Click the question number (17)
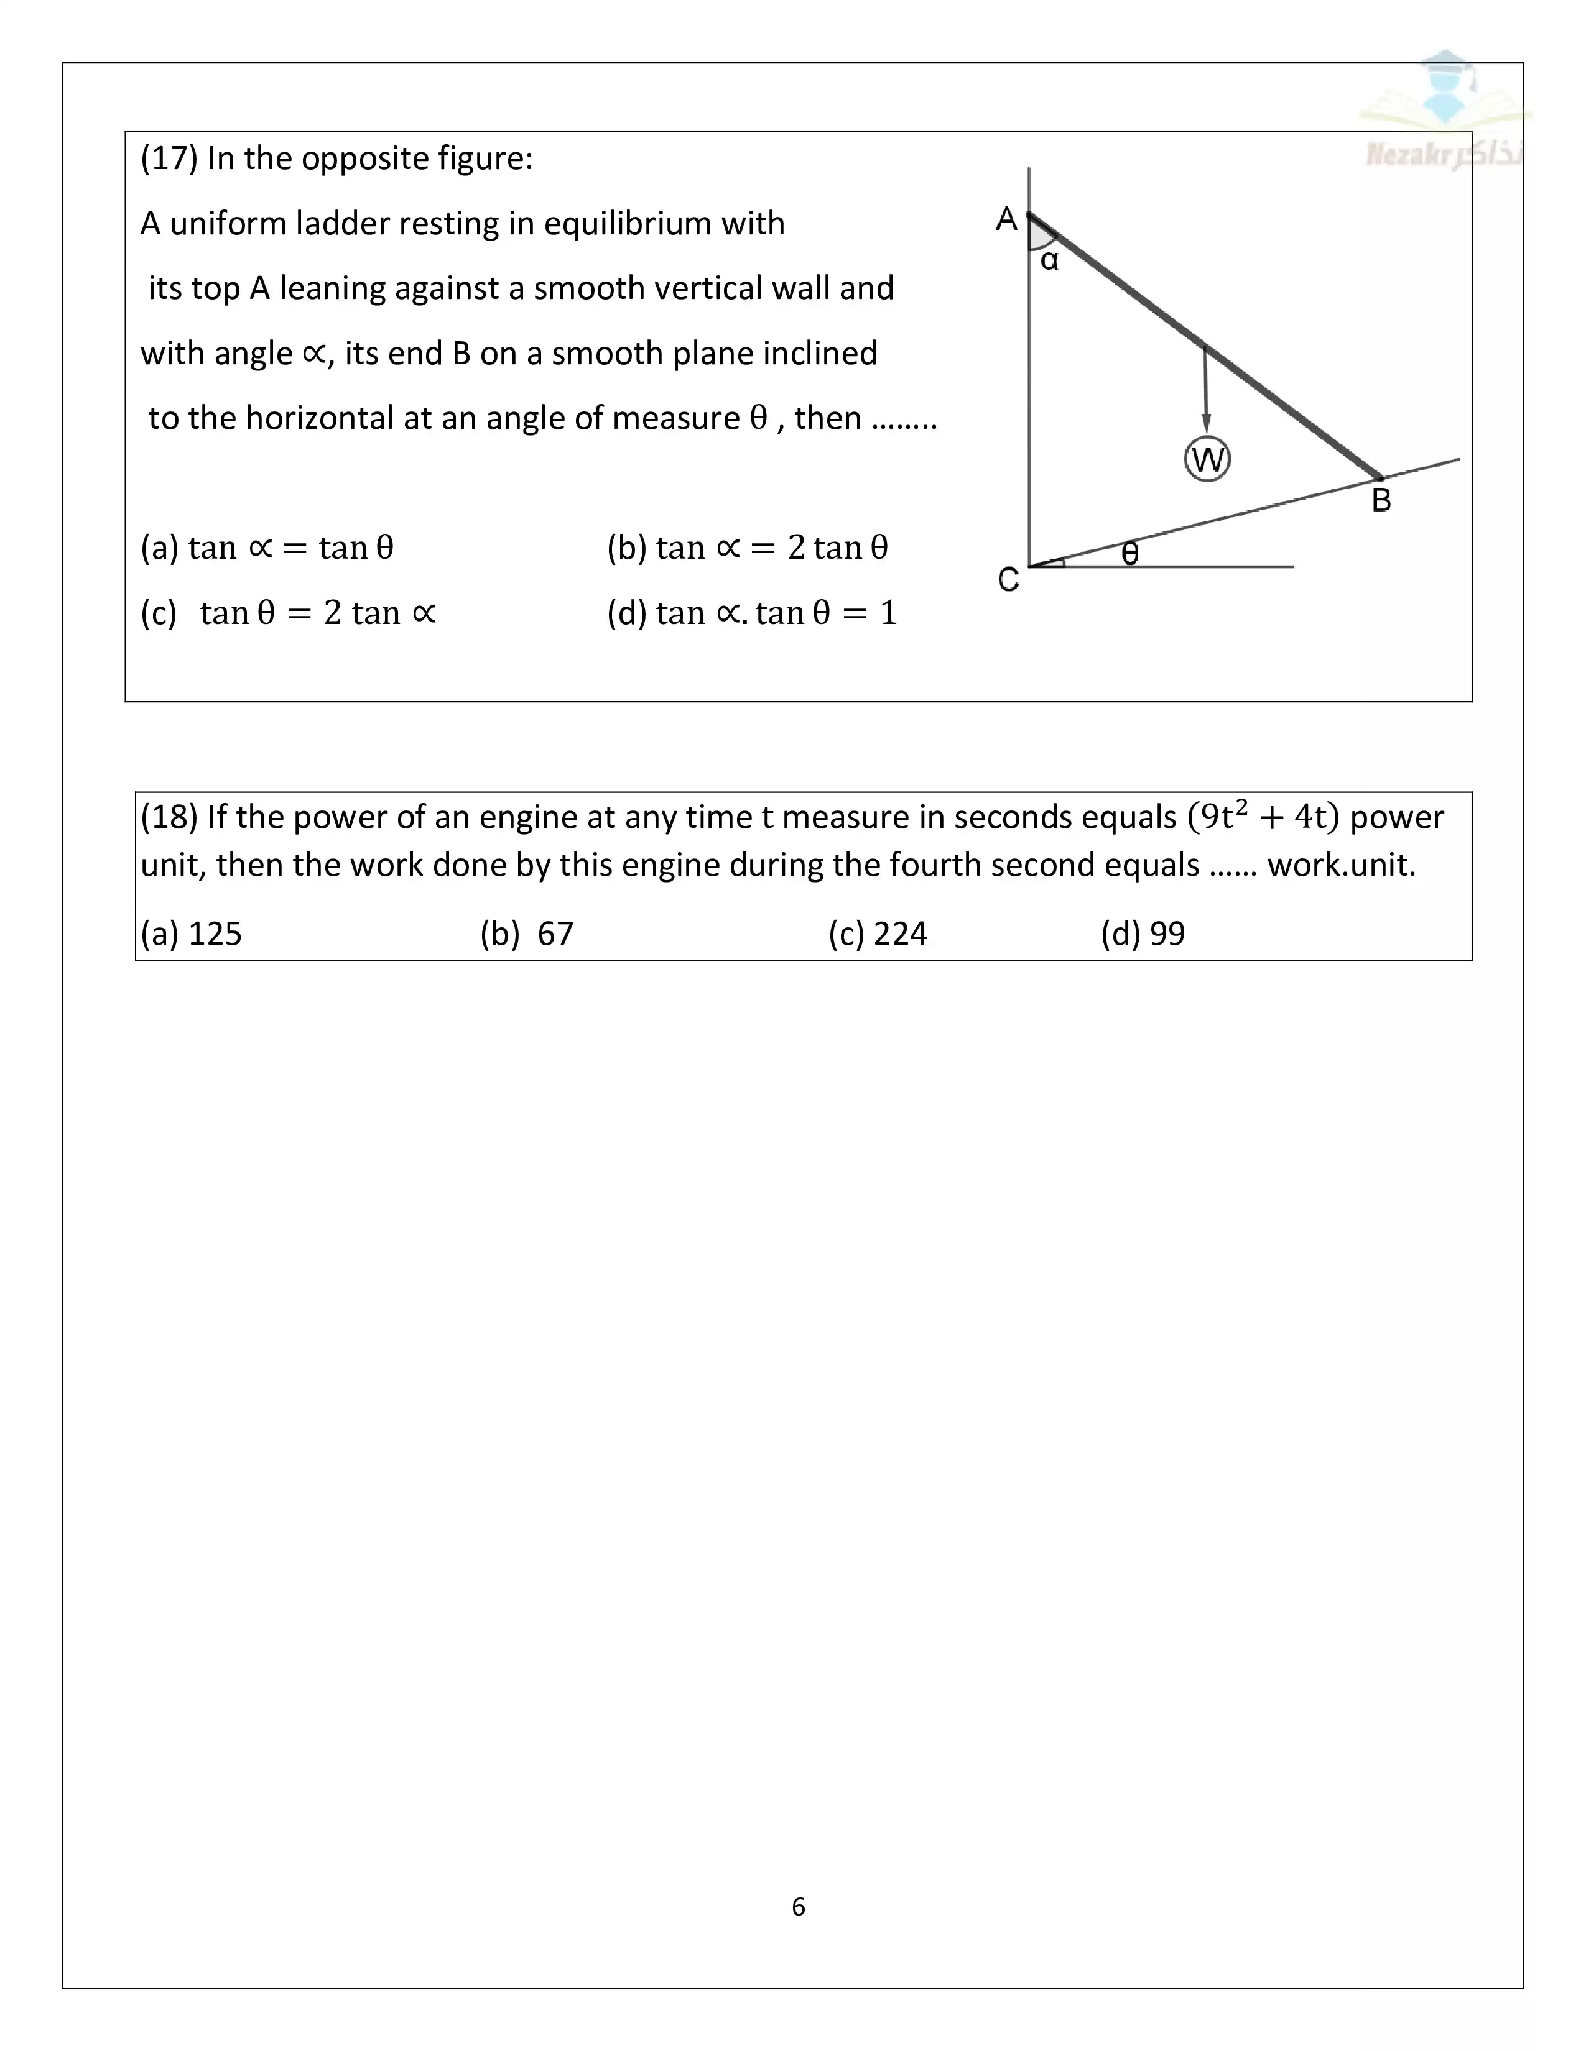169,158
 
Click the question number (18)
169,817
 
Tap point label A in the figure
1006,219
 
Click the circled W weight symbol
1207,459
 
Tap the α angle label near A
1049,260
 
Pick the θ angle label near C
1130,553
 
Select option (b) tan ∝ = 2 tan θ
747,548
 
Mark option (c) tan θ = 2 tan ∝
289,613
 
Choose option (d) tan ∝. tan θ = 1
752,613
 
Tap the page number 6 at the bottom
799,1906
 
